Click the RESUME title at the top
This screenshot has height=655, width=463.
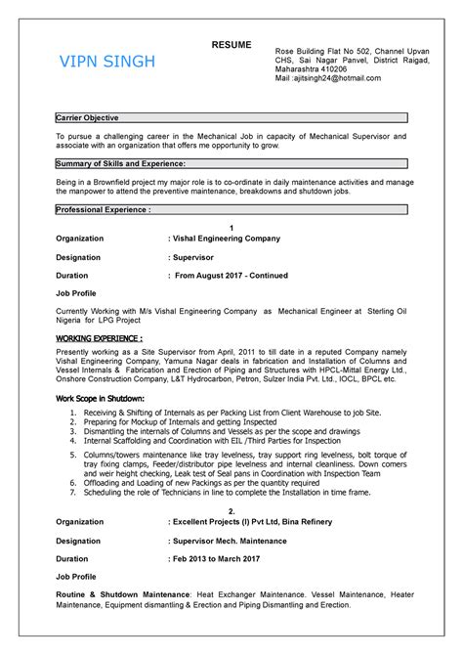pos(231,45)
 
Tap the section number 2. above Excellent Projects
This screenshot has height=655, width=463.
pos(231,510)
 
